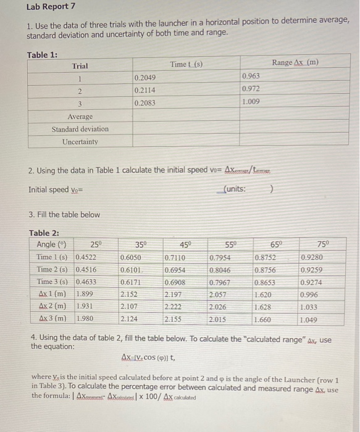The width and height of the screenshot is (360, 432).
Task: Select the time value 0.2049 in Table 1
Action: [145, 78]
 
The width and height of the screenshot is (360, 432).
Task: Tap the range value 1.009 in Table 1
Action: [251, 102]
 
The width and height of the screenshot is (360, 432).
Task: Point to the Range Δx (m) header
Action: [295, 62]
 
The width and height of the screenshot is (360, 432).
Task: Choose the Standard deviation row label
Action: [80, 129]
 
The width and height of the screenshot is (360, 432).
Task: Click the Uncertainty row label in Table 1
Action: [80, 141]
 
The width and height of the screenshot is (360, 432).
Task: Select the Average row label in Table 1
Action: [80, 117]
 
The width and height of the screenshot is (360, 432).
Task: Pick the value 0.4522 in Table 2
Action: [87, 257]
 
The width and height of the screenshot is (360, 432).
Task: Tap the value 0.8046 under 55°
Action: [220, 270]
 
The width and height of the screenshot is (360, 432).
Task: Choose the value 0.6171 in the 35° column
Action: [130, 282]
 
